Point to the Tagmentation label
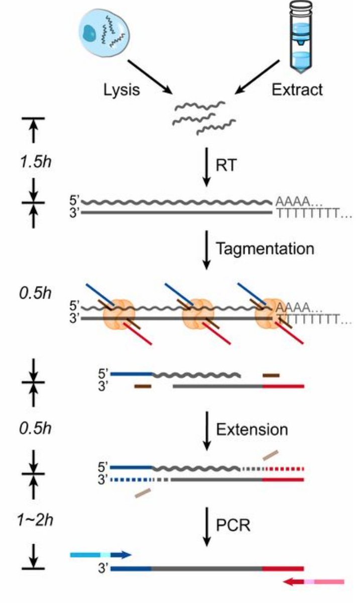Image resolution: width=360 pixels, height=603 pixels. (265, 248)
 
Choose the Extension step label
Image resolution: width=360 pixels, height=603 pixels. (252, 430)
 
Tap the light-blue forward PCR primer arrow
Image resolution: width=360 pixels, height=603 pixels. (100, 555)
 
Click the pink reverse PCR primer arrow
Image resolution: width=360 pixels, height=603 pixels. (314, 582)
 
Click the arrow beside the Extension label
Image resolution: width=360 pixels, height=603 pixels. (205, 431)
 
